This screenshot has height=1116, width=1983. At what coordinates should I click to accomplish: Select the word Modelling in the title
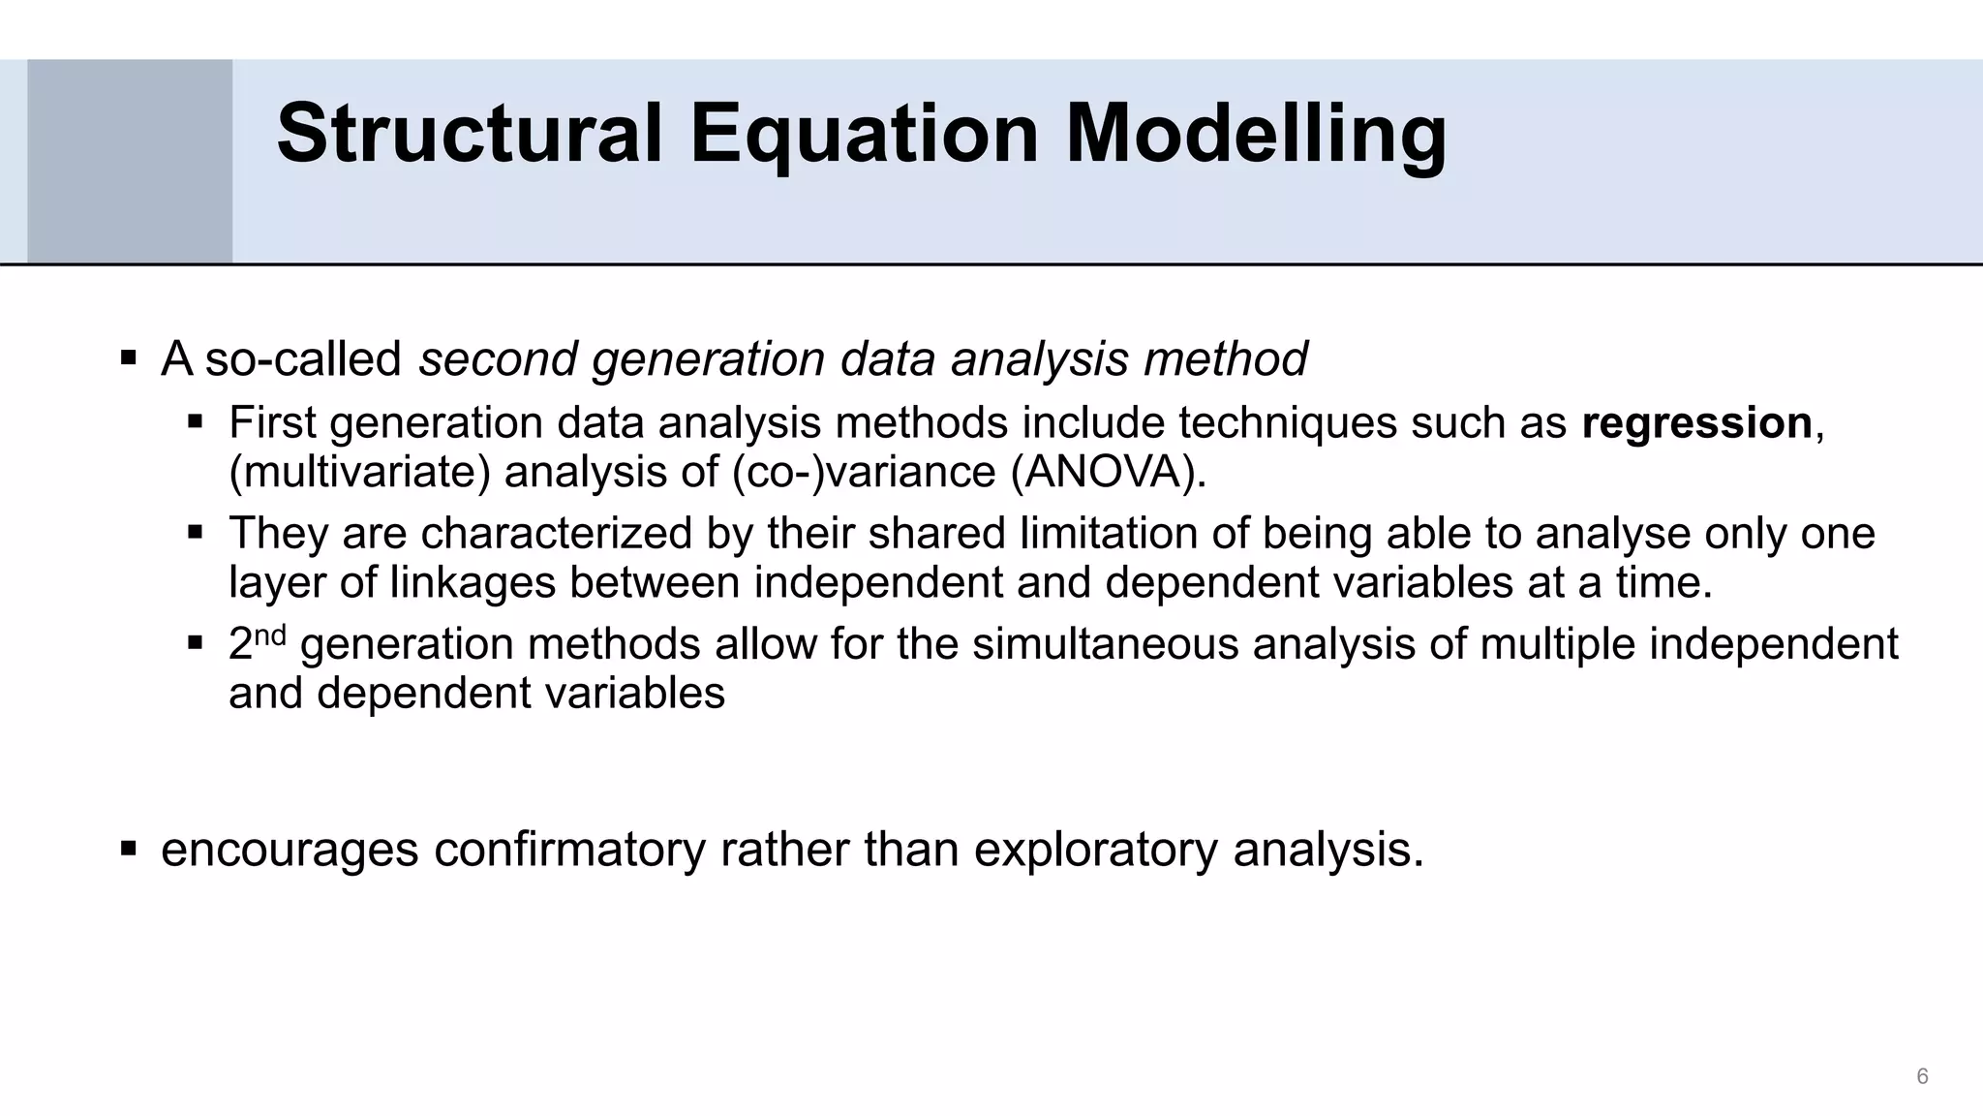point(1256,136)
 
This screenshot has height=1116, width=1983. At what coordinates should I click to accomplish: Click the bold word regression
point(1696,423)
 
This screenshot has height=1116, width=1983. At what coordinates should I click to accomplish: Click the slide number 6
point(1922,1076)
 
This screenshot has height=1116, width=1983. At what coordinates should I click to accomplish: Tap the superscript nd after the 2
point(270,635)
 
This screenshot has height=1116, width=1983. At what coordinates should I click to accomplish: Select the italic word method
point(1225,358)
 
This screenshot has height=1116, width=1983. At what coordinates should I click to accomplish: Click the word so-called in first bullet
point(303,358)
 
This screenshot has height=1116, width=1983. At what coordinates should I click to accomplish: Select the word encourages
point(290,850)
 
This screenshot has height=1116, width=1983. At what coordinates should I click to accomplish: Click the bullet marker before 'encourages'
point(128,849)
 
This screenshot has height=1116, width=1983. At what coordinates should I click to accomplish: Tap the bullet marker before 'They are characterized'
point(196,532)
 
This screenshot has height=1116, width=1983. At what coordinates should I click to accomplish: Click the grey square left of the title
point(130,161)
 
